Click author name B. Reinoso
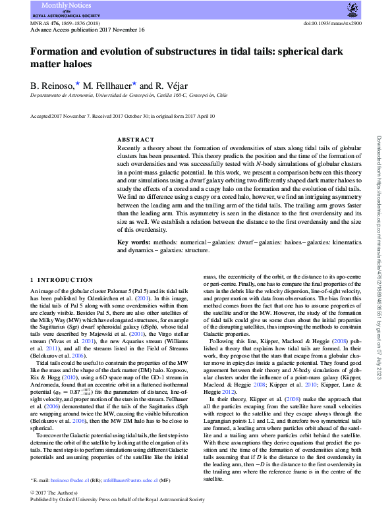coord(53,86)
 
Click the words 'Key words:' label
coord(131,243)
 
